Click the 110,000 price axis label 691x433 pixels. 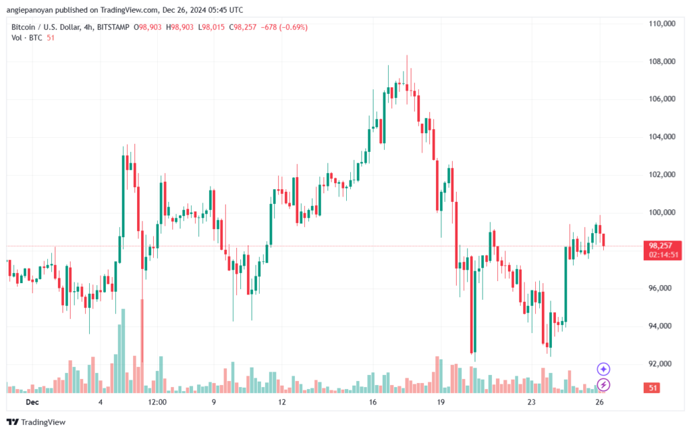point(661,24)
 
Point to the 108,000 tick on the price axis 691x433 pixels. point(661,61)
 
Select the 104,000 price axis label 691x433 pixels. point(661,137)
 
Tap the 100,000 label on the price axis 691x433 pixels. point(661,213)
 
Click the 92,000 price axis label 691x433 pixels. point(661,364)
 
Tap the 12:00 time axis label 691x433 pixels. point(157,403)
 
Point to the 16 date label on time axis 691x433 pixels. point(372,403)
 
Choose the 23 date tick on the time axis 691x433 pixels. point(531,403)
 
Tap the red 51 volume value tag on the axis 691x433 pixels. point(653,388)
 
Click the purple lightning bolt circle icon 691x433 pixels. point(604,384)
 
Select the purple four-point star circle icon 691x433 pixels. point(604,369)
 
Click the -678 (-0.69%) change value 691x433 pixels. point(287,27)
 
